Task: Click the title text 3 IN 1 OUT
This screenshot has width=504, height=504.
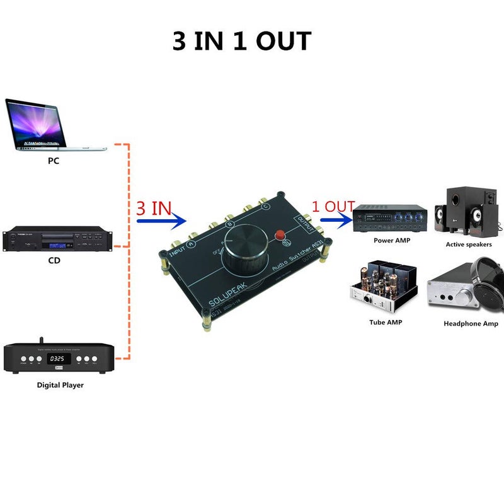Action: (x=242, y=42)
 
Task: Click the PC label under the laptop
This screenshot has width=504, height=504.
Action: (x=54, y=161)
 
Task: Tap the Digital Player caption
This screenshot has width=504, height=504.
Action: (x=60, y=385)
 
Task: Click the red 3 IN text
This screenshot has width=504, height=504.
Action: (x=154, y=208)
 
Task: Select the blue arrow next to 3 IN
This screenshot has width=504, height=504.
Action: (x=162, y=220)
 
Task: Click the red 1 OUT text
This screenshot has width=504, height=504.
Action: (x=334, y=206)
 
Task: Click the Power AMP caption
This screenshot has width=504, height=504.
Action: (x=392, y=240)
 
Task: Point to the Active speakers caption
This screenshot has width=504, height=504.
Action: (x=469, y=244)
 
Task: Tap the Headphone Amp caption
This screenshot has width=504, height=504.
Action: (x=471, y=324)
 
